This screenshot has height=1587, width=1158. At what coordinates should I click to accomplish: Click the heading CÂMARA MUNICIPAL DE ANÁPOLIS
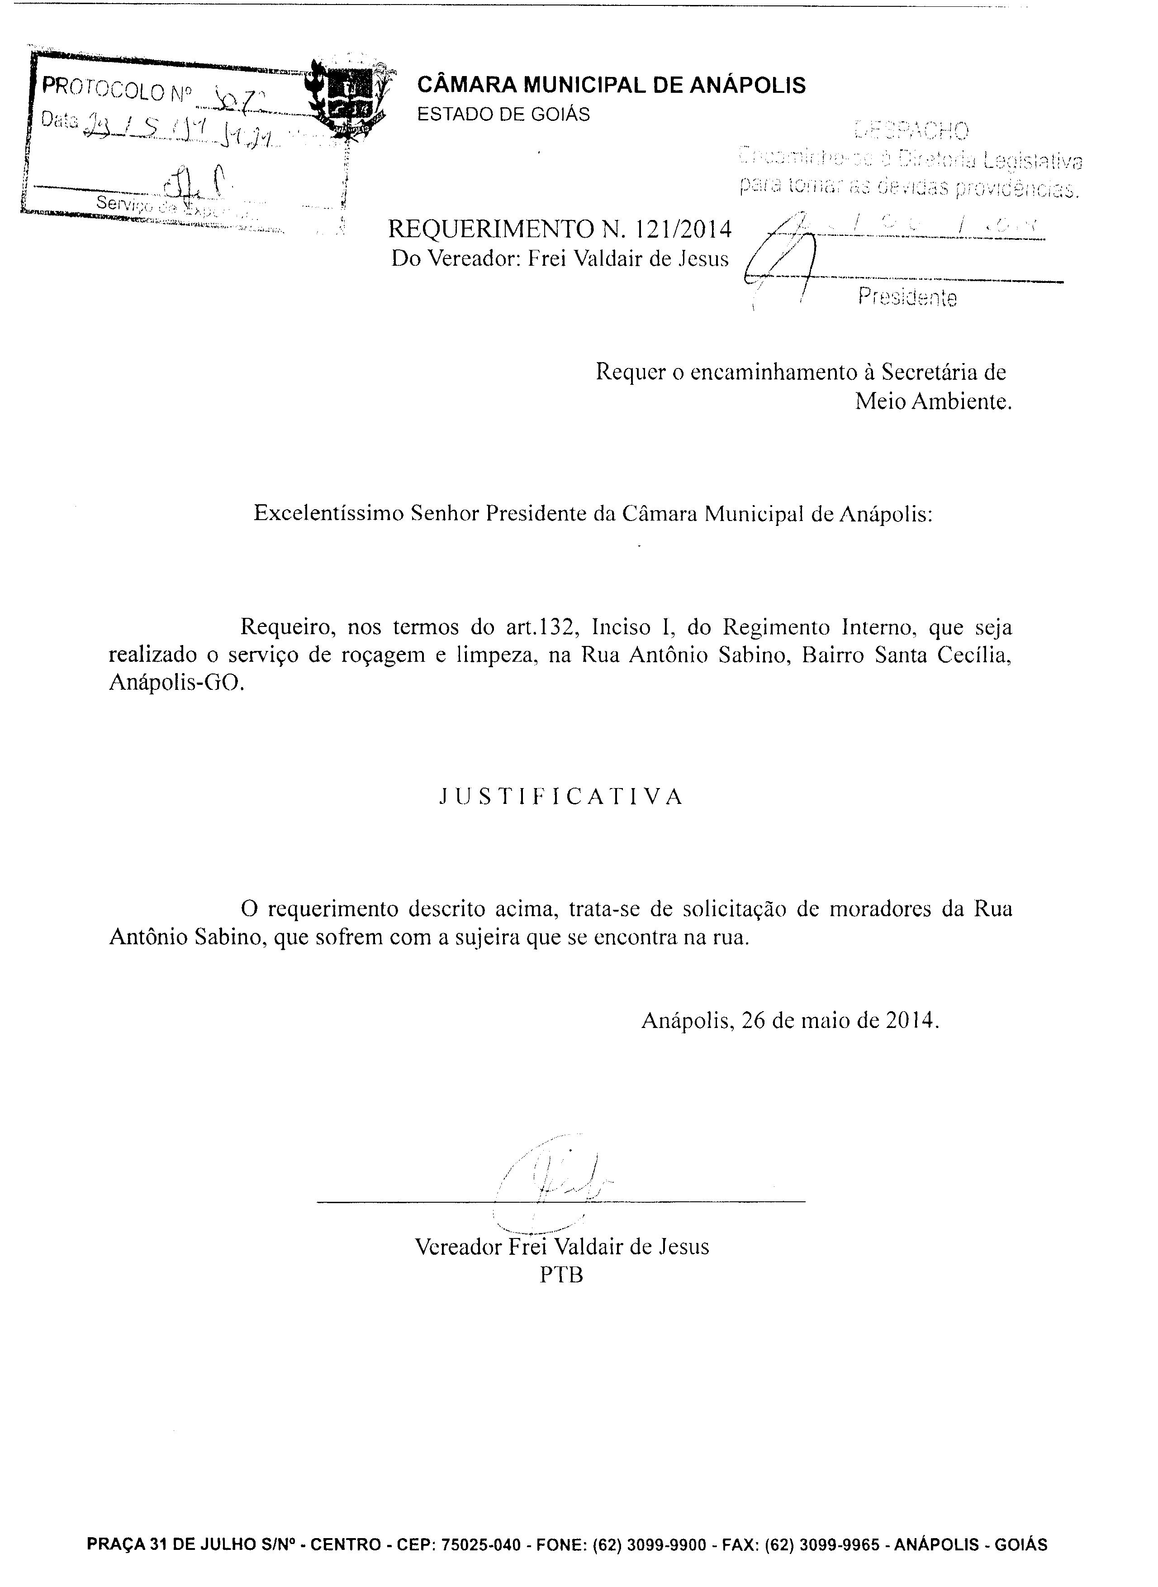coord(611,86)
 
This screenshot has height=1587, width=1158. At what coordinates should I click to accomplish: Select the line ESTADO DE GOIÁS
coord(503,115)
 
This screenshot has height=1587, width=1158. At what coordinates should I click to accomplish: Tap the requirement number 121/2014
coord(682,229)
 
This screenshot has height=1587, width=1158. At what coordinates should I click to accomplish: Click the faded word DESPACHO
coord(912,130)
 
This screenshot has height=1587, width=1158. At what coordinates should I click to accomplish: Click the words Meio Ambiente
coord(933,402)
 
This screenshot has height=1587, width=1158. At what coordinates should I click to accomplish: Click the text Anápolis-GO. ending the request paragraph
coord(177,683)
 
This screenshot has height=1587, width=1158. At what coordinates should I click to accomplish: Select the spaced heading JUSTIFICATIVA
coord(561,797)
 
